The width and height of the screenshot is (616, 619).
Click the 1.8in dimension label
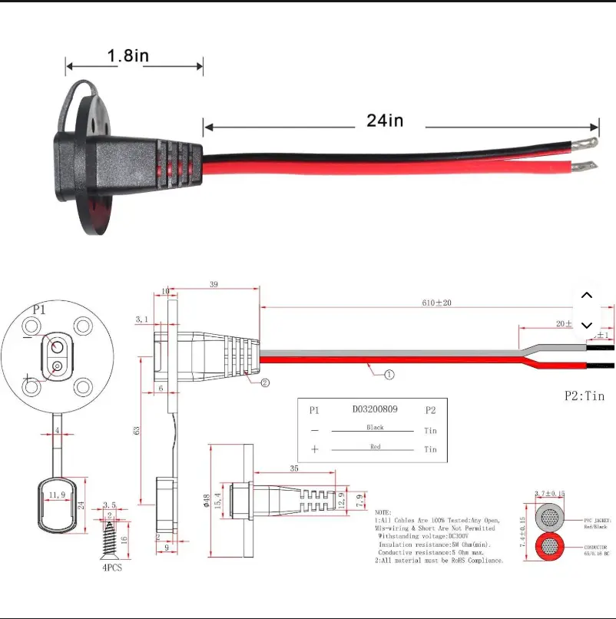coord(128,55)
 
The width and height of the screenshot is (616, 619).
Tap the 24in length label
coord(384,120)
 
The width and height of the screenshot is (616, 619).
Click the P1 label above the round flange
coord(39,309)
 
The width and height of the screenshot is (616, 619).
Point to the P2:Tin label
coord(585,396)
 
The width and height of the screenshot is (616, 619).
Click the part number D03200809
coord(375,409)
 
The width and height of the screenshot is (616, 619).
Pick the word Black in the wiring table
coord(376,428)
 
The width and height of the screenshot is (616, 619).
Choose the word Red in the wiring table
coord(376,446)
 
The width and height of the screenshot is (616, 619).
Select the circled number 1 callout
coord(389,375)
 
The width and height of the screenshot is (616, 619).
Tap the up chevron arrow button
coord(588,296)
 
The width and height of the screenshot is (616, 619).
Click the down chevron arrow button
coord(588,325)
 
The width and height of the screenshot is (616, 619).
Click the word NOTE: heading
coord(383,512)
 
